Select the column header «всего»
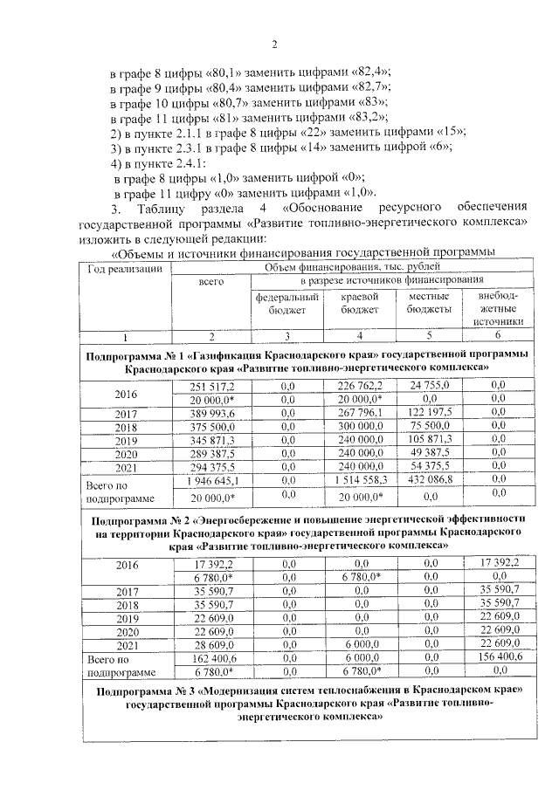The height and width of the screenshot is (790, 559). tap(210, 281)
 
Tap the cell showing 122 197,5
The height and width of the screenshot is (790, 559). tap(429, 413)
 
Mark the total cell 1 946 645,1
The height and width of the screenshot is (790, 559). tap(210, 481)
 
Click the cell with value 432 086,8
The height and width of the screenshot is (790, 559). tap(429, 481)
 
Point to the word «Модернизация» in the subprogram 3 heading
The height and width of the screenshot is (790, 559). tap(262, 690)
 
